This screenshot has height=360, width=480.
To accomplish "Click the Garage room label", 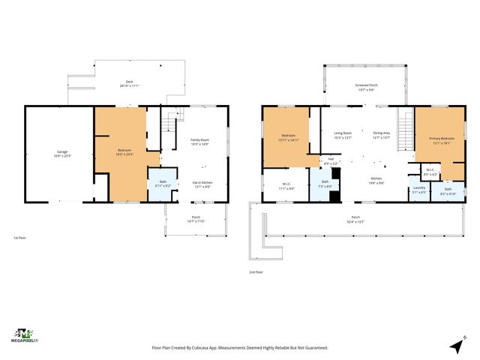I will tap(62, 153).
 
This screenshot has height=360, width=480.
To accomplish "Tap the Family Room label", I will tap(199, 141).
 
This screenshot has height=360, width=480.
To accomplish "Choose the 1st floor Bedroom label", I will tap(124, 152).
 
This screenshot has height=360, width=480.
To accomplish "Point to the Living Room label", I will tap(343, 135).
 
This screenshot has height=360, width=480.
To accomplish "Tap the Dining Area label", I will tap(382, 135).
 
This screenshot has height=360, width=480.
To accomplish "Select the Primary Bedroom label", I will tap(440, 140).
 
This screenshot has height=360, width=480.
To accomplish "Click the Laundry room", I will tap(418, 191).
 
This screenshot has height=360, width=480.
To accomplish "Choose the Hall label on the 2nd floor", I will tap(330, 160).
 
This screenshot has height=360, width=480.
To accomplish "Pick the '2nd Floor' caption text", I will tap(256, 272).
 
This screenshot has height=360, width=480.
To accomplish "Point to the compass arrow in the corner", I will tap(457, 346).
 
